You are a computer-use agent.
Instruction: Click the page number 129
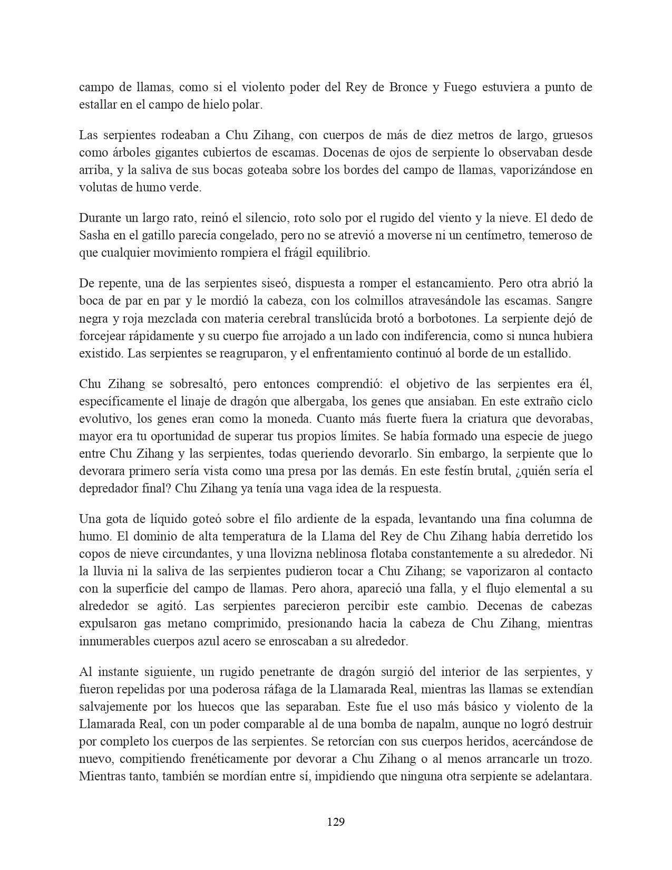[336, 821]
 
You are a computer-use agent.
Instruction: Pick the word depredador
[109, 488]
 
